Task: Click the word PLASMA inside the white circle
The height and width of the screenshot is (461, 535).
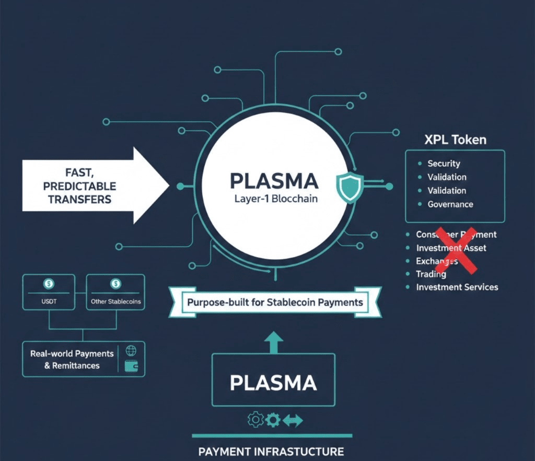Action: pyautogui.click(x=274, y=181)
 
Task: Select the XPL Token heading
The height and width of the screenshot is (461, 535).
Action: pyautogui.click(x=455, y=140)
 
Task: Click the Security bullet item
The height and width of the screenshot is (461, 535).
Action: pyautogui.click(x=444, y=164)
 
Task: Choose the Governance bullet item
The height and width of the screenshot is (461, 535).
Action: pyautogui.click(x=450, y=204)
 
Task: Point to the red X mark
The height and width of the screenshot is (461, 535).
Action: pyautogui.click(x=457, y=250)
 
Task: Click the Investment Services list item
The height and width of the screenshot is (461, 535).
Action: pyautogui.click(x=457, y=287)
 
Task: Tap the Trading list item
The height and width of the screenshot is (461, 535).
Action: pyautogui.click(x=431, y=274)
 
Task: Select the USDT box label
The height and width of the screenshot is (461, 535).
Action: pyautogui.click(x=49, y=302)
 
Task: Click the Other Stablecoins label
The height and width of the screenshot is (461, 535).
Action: pyautogui.click(x=115, y=302)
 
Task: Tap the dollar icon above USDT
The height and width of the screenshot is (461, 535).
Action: pyautogui.click(x=49, y=284)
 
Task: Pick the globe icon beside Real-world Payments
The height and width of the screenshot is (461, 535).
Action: pyautogui.click(x=131, y=351)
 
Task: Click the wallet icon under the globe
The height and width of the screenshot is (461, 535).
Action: pyautogui.click(x=132, y=366)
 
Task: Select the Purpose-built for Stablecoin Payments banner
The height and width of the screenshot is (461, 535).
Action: pyautogui.click(x=275, y=302)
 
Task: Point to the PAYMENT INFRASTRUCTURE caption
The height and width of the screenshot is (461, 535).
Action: pyautogui.click(x=271, y=452)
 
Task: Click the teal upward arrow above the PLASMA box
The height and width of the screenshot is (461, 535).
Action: pyautogui.click(x=273, y=342)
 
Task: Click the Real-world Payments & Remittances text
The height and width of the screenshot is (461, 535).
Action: pyautogui.click(x=72, y=360)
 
